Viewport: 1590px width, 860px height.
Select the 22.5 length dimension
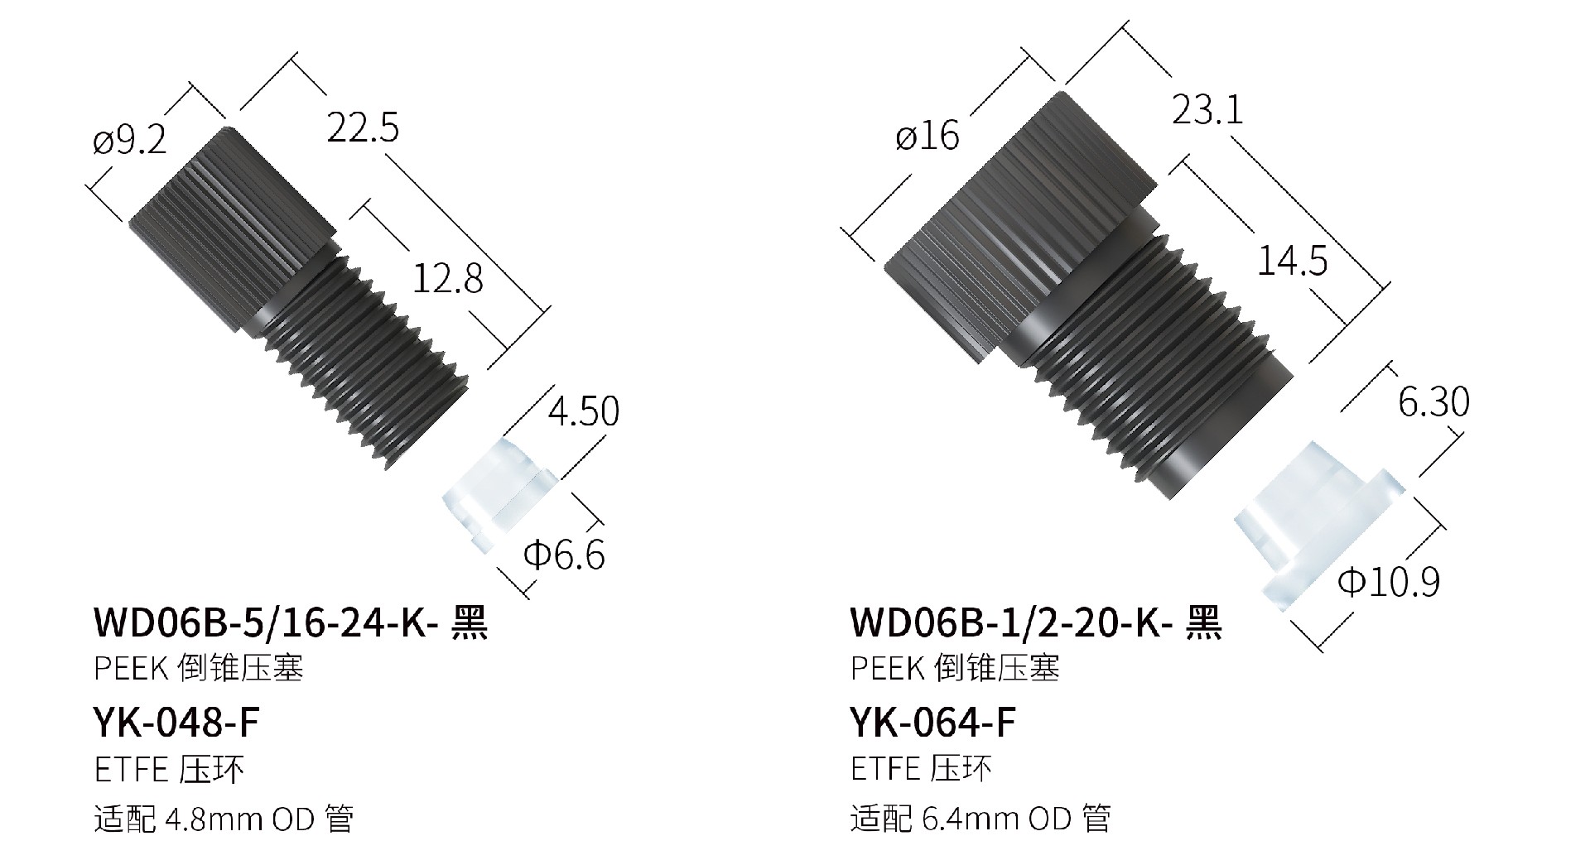point(363,128)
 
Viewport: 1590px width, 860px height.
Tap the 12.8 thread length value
point(447,279)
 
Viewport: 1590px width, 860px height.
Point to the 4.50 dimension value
point(583,411)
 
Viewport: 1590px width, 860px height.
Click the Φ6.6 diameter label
point(564,555)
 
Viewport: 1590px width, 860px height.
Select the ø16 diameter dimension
point(927,135)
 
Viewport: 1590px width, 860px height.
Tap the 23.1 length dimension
point(1207,109)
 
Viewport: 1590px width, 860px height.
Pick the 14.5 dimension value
point(1292,261)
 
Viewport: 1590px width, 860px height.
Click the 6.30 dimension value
point(1433,402)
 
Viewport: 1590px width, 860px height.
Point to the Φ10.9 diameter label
point(1390,582)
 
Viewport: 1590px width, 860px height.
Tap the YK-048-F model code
point(176,723)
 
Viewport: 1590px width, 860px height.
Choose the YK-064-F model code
point(932,723)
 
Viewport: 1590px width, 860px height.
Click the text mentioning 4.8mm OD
point(224,819)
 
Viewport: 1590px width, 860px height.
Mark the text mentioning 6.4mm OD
point(980,819)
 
